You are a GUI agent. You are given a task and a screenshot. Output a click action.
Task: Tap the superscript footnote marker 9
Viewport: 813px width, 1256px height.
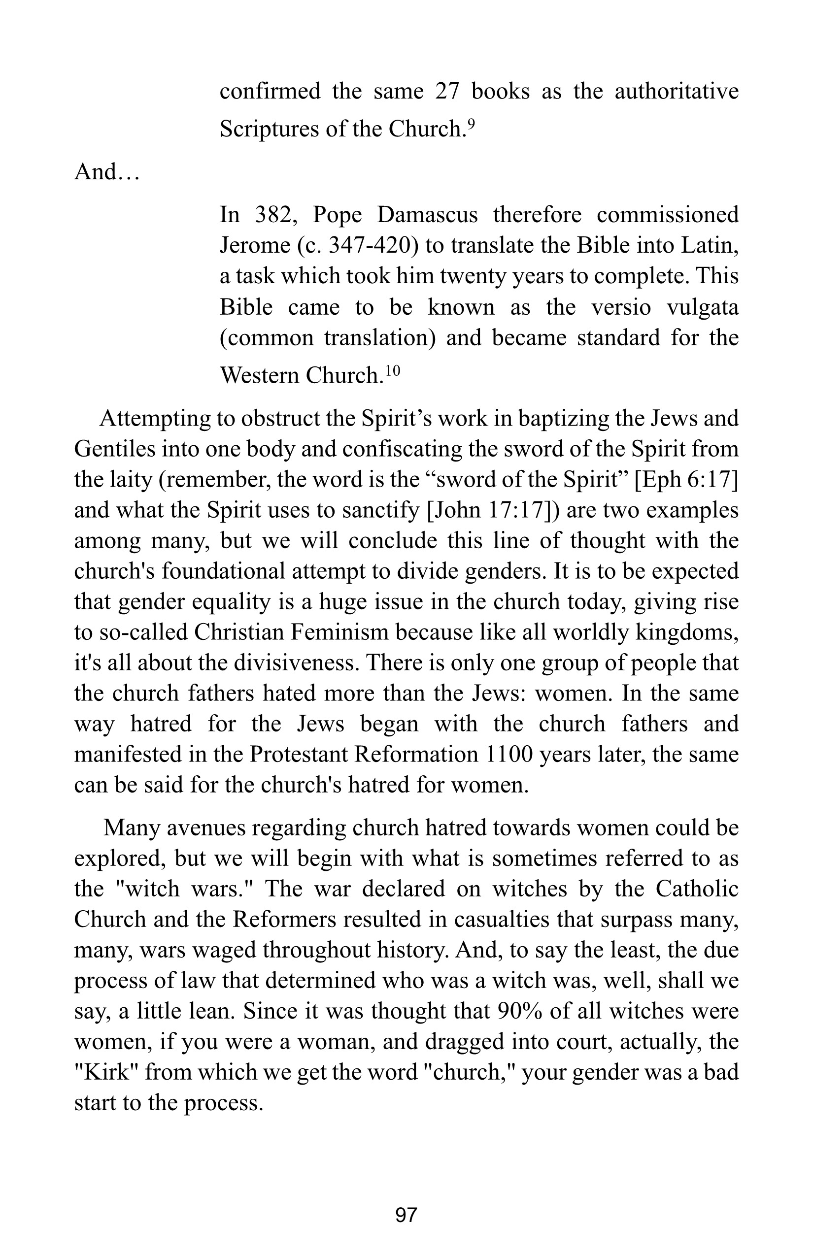click(x=472, y=123)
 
